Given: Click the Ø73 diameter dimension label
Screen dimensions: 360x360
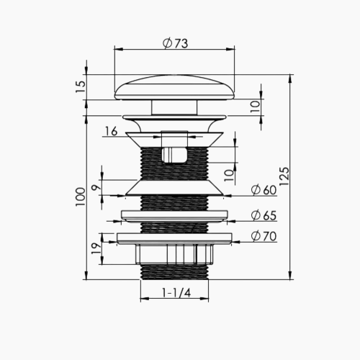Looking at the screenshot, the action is [x=175, y=43].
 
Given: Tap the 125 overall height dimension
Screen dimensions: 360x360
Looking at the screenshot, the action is [x=284, y=176].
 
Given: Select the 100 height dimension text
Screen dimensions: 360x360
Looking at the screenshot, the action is [x=81, y=197].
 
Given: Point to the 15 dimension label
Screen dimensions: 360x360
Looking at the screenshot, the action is [x=81, y=87].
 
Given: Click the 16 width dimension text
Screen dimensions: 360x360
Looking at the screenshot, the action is [x=111, y=131].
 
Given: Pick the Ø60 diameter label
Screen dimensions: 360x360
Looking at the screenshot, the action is [x=264, y=190].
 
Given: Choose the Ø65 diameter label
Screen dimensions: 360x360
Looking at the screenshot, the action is [x=264, y=215].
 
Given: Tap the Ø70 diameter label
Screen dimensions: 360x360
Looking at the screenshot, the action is [x=264, y=236].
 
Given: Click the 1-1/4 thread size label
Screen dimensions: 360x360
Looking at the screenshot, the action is [x=176, y=293].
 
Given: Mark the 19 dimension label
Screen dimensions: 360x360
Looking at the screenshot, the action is [x=97, y=248].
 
